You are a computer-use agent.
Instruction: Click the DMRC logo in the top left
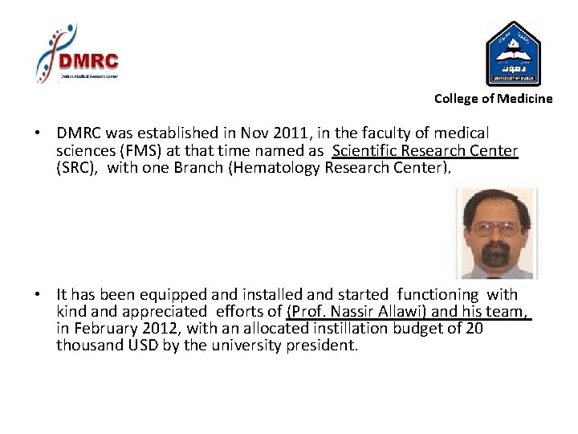78,54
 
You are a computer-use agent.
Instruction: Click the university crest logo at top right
514,54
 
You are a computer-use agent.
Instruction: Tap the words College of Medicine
493,99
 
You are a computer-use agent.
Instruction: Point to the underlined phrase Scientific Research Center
425,150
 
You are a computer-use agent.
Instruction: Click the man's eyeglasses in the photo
495,228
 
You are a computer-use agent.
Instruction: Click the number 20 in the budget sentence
474,329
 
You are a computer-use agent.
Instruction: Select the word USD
137,346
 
